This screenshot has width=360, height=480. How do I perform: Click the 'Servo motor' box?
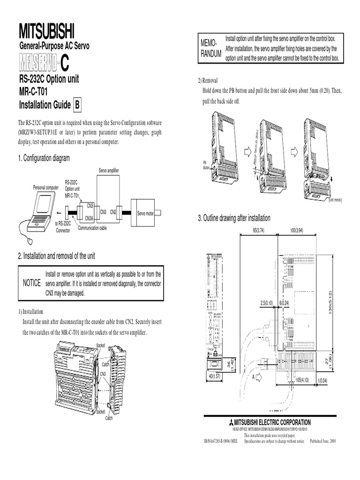(145, 213)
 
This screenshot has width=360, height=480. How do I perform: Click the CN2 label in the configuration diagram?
(113, 212)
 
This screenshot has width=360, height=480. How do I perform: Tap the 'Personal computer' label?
(45, 187)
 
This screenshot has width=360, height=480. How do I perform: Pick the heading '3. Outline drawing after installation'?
(234, 218)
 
